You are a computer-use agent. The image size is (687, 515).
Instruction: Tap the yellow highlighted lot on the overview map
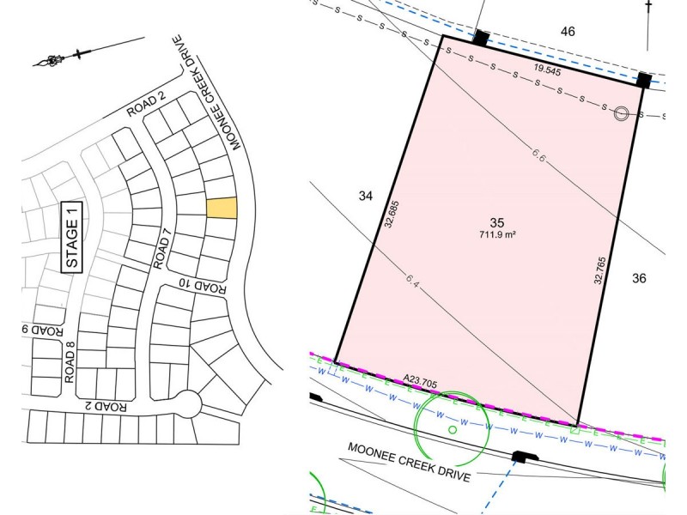point(221,209)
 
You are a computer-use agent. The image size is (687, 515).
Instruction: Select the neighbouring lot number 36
point(639,278)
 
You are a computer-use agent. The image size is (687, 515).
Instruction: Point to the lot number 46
point(568,32)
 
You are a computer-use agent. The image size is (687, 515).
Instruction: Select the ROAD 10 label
point(203,285)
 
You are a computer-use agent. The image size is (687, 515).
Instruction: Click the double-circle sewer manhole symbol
point(620,113)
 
